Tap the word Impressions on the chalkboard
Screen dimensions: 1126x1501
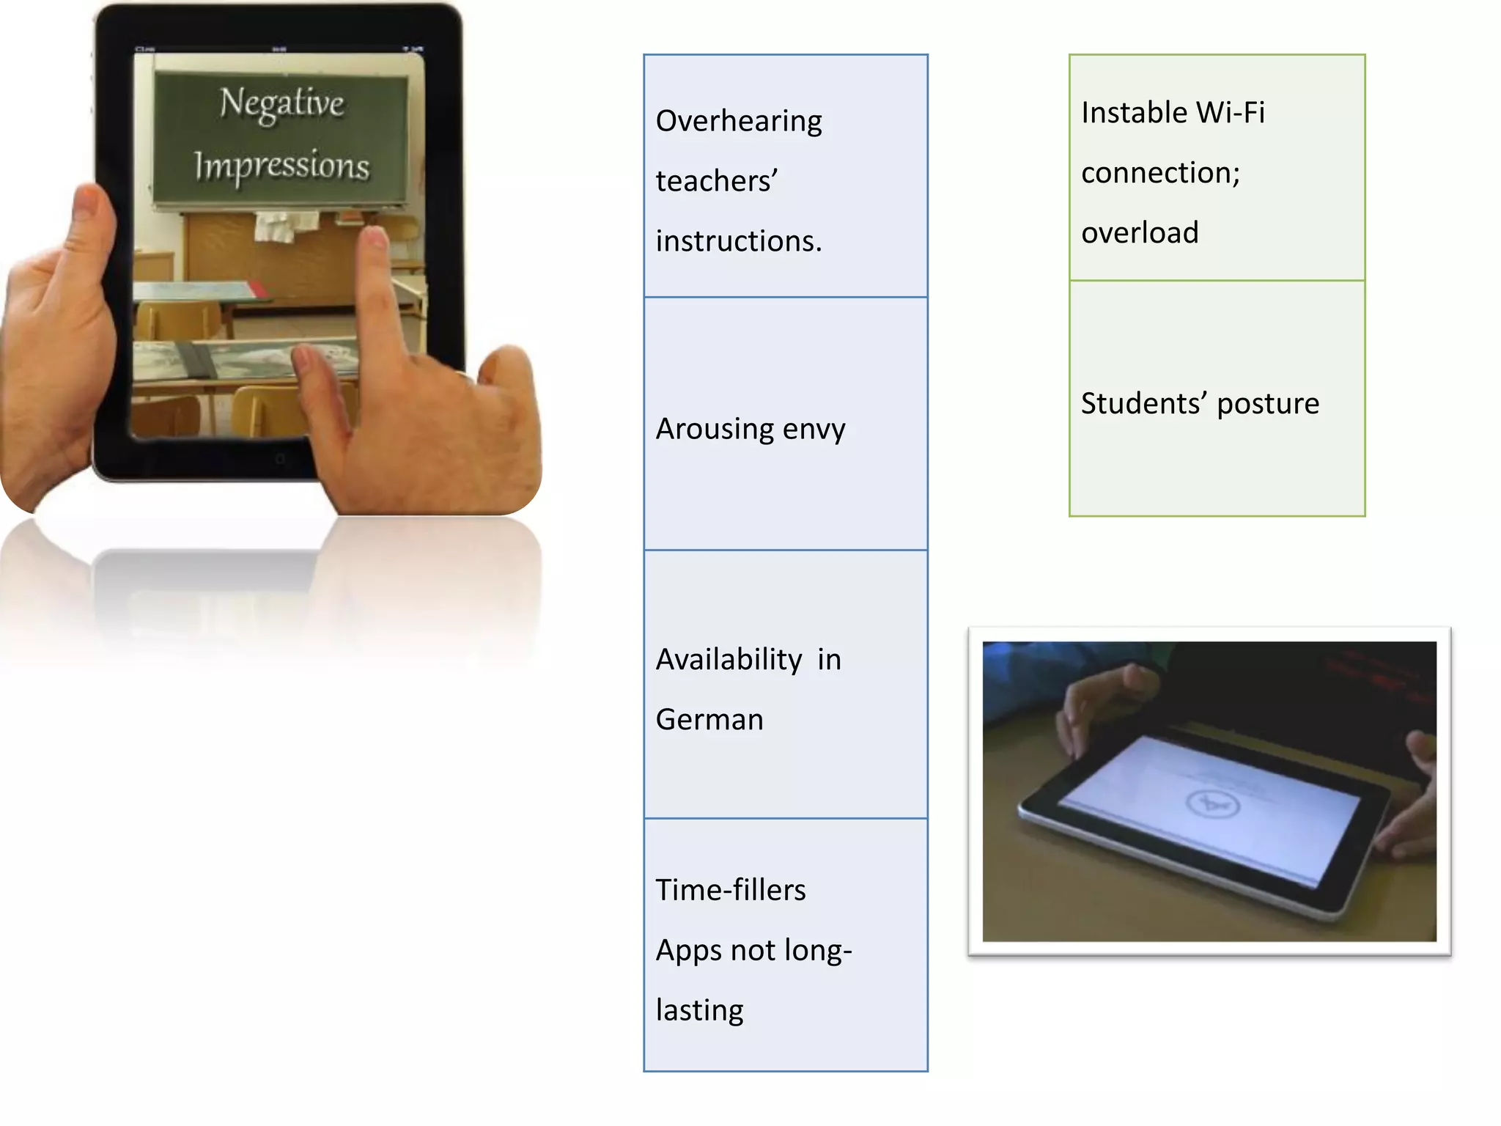pyautogui.click(x=281, y=166)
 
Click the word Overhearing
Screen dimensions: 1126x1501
pyautogui.click(x=739, y=121)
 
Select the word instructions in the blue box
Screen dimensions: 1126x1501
pyautogui.click(x=739, y=241)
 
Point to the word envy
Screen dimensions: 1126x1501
pyautogui.click(x=814, y=430)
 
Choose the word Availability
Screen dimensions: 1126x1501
pyautogui.click(x=729, y=660)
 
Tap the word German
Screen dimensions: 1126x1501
pyautogui.click(x=709, y=720)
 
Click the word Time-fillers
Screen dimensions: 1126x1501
pyautogui.click(x=731, y=890)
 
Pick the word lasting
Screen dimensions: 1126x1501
pyautogui.click(x=699, y=1010)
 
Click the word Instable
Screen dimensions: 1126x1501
pyautogui.click(x=1133, y=113)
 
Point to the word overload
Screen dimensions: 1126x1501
pyautogui.click(x=1140, y=233)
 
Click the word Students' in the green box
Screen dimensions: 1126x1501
pyautogui.click(x=1143, y=403)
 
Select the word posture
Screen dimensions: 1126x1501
pyautogui.click(x=1268, y=404)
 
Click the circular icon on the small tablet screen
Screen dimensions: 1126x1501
pyautogui.click(x=1212, y=804)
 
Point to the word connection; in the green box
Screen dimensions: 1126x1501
pyautogui.click(x=1160, y=173)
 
